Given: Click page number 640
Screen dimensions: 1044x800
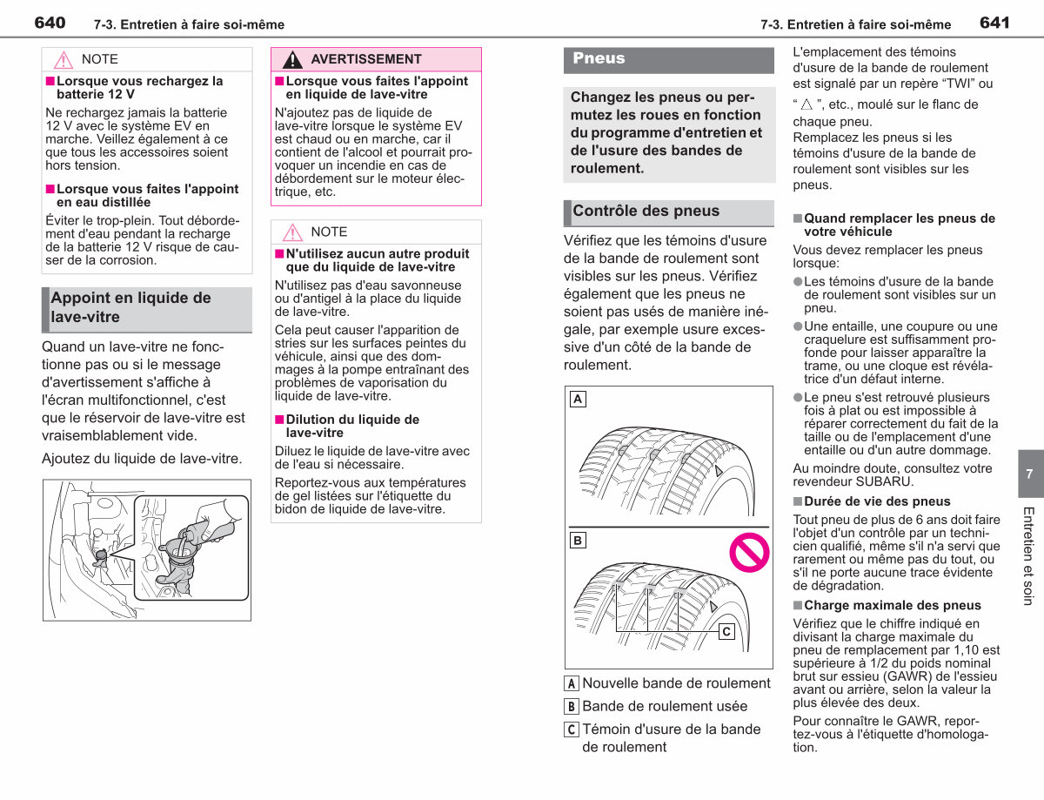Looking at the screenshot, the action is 50,23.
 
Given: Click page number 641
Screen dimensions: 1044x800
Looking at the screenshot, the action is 994,23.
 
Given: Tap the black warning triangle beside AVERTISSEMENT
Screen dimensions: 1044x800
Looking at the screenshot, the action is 292,59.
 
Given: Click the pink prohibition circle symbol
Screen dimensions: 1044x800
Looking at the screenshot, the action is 749,553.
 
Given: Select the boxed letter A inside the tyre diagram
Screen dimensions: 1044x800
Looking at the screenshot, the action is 578,400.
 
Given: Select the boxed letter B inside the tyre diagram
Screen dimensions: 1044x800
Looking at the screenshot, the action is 578,541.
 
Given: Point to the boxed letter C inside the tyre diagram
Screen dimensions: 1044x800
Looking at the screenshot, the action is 726,631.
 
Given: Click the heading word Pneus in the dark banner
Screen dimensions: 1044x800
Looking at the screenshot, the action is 599,58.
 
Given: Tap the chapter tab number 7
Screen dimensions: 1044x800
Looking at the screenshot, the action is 1029,474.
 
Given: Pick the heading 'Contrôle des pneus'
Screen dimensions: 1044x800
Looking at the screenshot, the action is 646,211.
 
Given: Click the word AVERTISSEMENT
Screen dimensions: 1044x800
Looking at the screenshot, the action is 366,59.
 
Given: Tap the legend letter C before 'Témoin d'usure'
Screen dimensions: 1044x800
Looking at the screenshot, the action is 571,729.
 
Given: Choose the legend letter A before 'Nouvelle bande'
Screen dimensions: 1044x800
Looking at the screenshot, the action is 571,683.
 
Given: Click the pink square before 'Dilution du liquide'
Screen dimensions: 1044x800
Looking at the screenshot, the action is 279,420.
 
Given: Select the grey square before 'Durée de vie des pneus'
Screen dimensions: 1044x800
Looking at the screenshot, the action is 798,501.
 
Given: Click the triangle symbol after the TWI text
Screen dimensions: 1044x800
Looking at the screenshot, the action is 806,104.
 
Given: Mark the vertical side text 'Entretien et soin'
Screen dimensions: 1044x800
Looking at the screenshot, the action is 1028,556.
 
